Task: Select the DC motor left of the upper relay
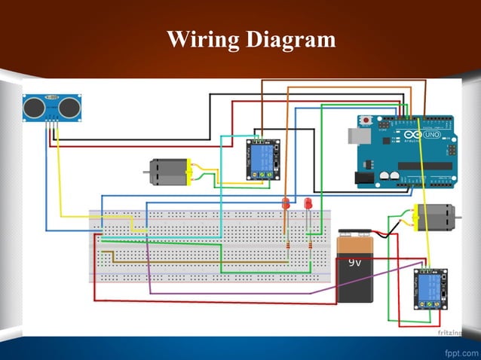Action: point(167,172)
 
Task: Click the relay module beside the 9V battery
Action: point(430,288)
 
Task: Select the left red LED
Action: point(286,204)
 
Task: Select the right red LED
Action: point(308,203)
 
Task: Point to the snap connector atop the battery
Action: point(357,236)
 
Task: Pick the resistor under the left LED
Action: point(286,246)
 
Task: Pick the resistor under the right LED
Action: point(309,246)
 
